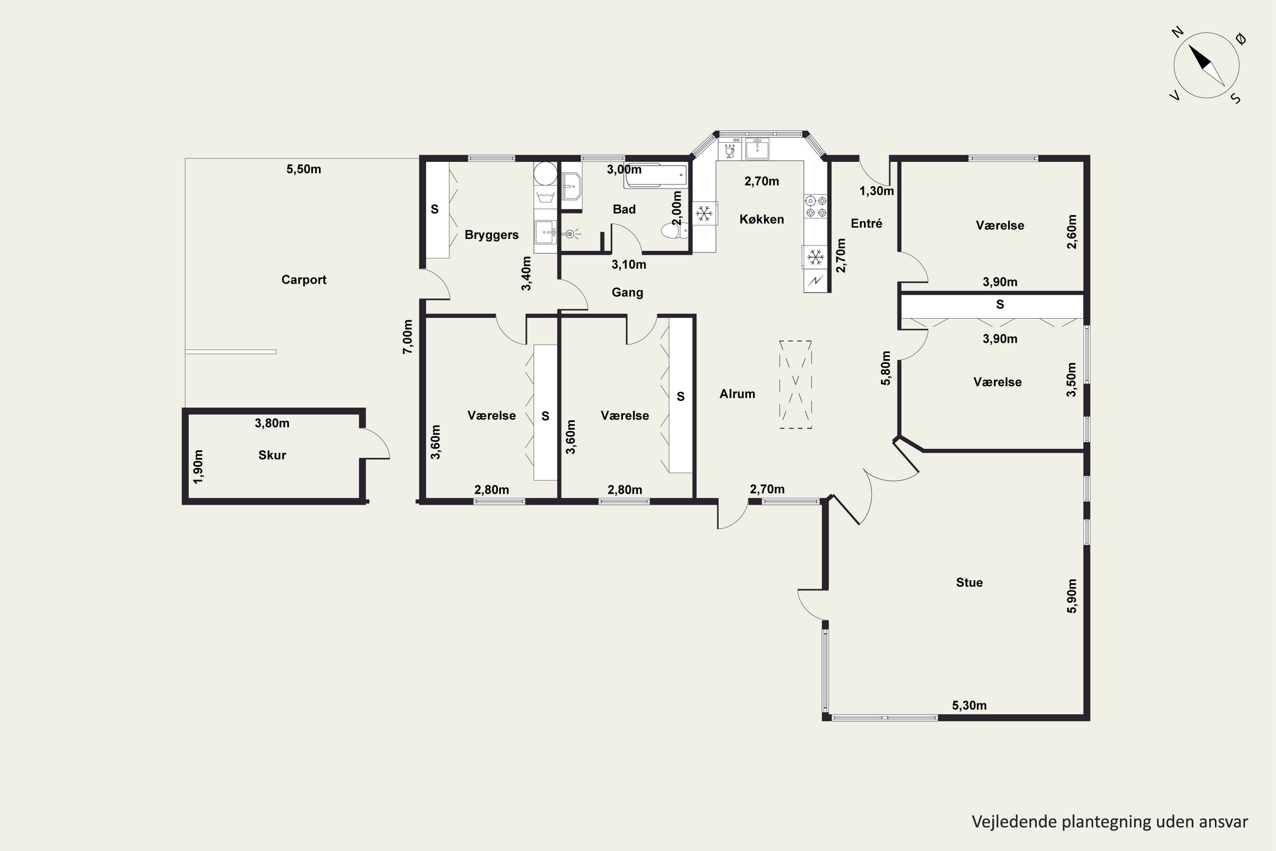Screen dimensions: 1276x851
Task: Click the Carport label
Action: (x=304, y=280)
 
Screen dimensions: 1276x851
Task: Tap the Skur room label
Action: (x=272, y=455)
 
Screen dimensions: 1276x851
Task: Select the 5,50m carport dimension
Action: (x=304, y=169)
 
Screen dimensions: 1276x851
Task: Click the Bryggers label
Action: (x=492, y=235)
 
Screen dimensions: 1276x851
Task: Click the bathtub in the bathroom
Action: (x=655, y=175)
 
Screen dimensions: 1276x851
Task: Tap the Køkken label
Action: (x=762, y=219)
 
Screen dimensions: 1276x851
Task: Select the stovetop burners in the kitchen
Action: (x=815, y=206)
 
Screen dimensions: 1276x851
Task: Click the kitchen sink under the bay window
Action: (x=757, y=148)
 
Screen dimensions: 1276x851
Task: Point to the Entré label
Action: (x=866, y=223)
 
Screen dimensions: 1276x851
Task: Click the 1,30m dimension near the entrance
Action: (x=877, y=191)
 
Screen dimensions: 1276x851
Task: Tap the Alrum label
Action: (x=737, y=394)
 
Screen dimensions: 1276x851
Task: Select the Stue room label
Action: (x=969, y=583)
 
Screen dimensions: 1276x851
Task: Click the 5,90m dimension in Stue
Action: (x=1071, y=596)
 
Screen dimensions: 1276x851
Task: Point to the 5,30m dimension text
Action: (x=969, y=705)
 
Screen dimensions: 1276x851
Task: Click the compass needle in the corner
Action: (x=1207, y=66)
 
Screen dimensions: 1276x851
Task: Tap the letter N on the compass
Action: (x=1177, y=33)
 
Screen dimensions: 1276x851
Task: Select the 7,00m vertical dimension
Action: (x=407, y=337)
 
